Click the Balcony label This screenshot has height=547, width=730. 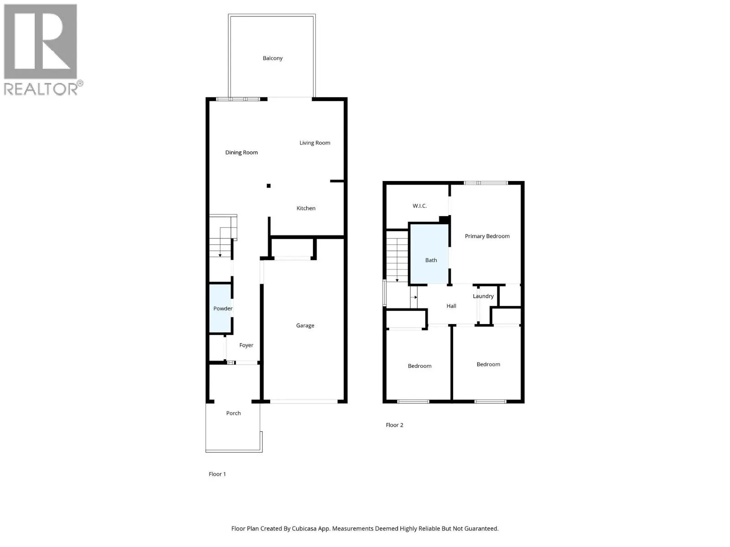(x=272, y=58)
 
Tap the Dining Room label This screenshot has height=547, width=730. (x=241, y=153)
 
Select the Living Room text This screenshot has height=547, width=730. (x=315, y=143)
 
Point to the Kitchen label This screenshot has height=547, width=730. (x=306, y=208)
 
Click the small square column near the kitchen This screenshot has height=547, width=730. (x=269, y=186)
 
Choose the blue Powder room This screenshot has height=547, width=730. (x=221, y=309)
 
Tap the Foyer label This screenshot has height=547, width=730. (x=246, y=346)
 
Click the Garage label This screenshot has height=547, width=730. (x=305, y=325)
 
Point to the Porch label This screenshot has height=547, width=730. (x=233, y=413)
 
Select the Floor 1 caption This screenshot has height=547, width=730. (x=217, y=474)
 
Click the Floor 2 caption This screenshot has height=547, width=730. (x=395, y=425)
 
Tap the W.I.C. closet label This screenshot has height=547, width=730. (x=420, y=206)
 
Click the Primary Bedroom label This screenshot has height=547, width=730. (x=487, y=236)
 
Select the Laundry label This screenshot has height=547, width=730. (x=483, y=296)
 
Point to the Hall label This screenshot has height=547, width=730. (x=451, y=306)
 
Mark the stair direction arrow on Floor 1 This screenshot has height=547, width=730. (x=220, y=254)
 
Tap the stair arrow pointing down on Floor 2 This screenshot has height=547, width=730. (x=397, y=279)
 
